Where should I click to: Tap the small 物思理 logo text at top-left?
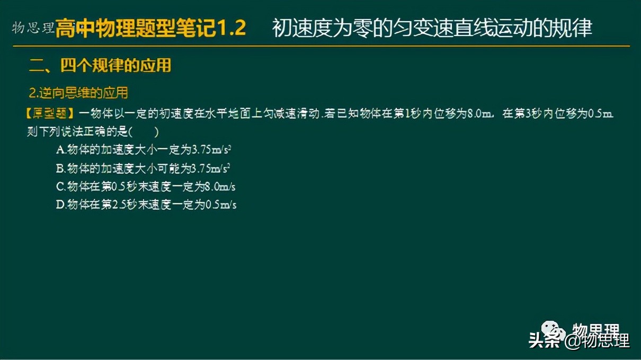pyautogui.click(x=33, y=27)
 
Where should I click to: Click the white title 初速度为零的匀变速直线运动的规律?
pyautogui.click(x=432, y=28)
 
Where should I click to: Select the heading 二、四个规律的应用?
pyautogui.click(x=100, y=66)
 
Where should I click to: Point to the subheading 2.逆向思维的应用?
pyautogui.click(x=78, y=93)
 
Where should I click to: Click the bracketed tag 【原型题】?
pyautogui.click(x=51, y=113)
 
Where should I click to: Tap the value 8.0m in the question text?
pyautogui.click(x=480, y=113)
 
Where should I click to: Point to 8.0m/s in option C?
pyautogui.click(x=220, y=186)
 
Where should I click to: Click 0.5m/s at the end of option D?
pyautogui.click(x=221, y=204)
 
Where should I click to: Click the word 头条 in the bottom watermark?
pyautogui.click(x=544, y=340)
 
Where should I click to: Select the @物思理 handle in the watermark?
pyautogui.click(x=597, y=340)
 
